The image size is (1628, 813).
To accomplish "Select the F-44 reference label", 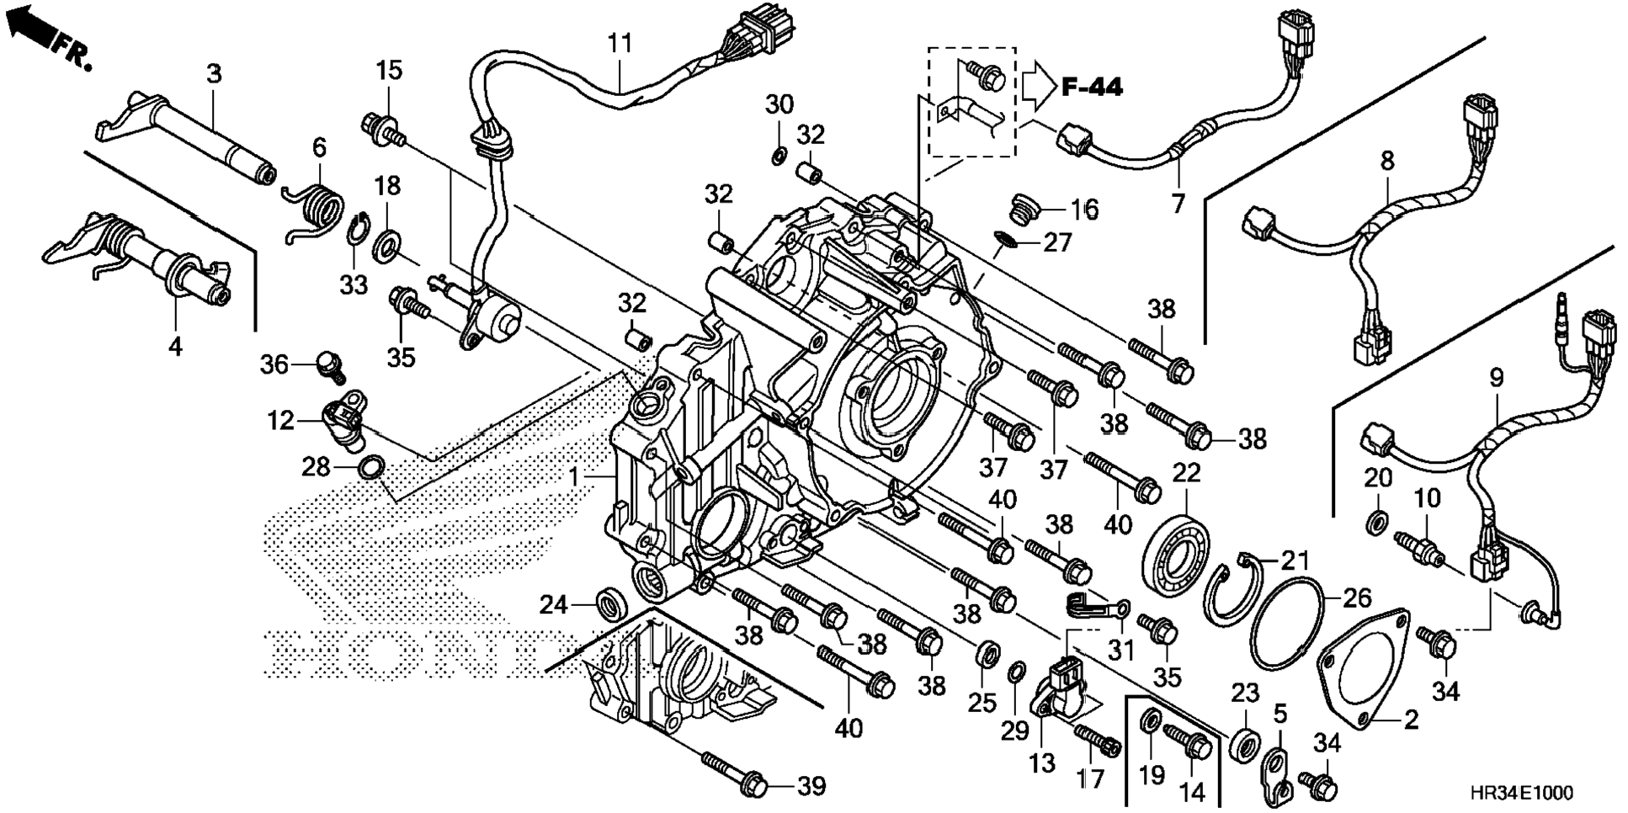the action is pos(1092,86).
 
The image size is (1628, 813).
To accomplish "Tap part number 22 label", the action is pos(1186,473).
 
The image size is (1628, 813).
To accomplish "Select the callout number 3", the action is pos(214,73).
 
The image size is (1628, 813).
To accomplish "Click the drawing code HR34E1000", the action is pos(1521,793).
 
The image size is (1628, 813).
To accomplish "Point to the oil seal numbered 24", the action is pos(612,604).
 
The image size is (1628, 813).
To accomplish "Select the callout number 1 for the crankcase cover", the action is pos(574,477).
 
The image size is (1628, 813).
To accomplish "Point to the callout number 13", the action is pos(1042,763).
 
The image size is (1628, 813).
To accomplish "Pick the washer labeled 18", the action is pos(387,244).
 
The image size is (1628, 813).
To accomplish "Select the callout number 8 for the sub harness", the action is pos(1386,159).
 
